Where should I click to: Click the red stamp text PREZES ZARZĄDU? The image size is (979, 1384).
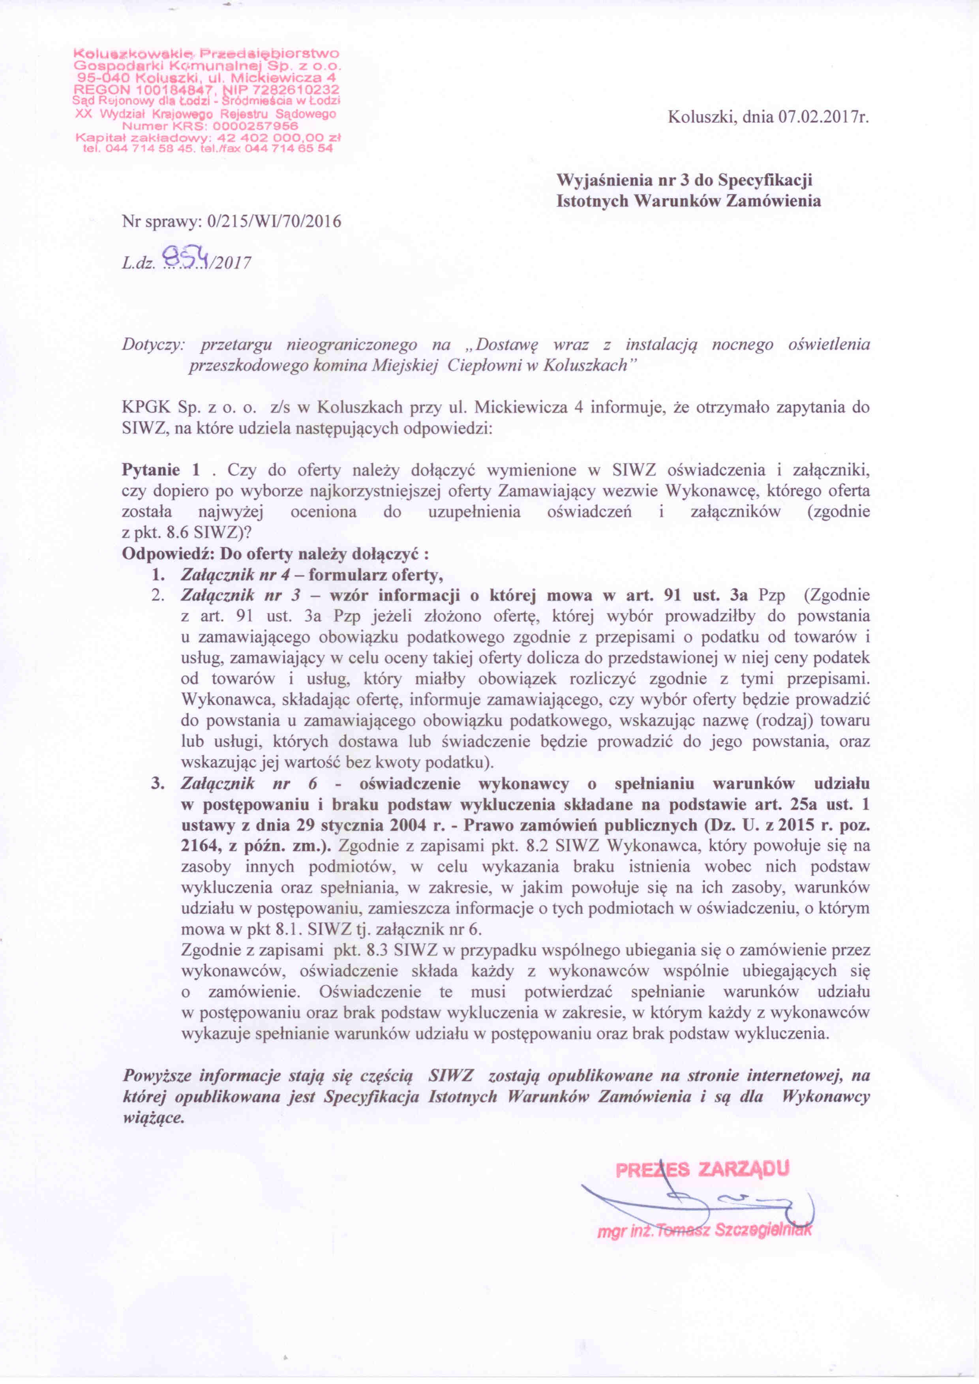pyautogui.click(x=702, y=1170)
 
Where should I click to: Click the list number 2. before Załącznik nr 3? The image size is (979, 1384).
pyautogui.click(x=158, y=596)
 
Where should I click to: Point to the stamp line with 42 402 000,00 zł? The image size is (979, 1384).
pyautogui.click(x=205, y=137)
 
